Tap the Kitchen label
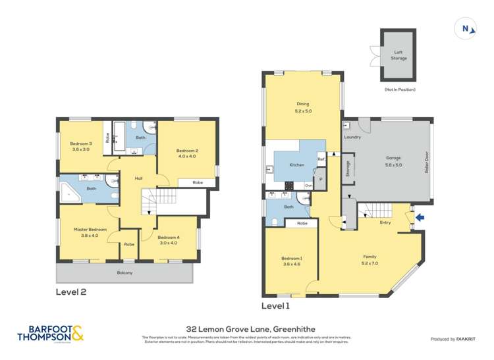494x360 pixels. click(x=297, y=165)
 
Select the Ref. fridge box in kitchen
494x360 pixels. click(x=321, y=159)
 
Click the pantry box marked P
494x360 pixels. click(x=320, y=178)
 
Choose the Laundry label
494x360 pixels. click(x=352, y=137)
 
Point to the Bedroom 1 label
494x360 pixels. click(x=290, y=260)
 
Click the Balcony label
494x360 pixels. click(x=124, y=272)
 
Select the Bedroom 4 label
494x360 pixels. click(x=168, y=240)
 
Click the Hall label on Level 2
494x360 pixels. click(x=139, y=178)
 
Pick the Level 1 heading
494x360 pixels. click(x=275, y=306)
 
